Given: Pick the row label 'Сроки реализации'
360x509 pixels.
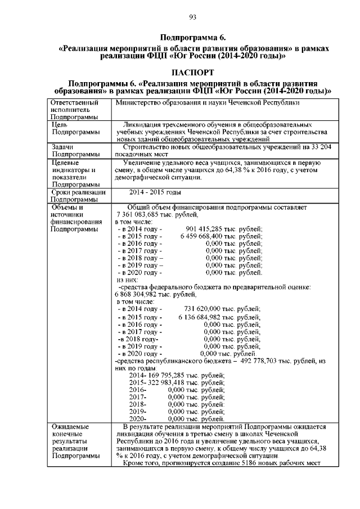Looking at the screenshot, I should click(x=78, y=192).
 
